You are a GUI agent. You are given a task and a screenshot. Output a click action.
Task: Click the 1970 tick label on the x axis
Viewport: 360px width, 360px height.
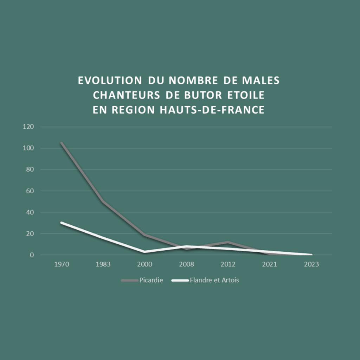point(62,264)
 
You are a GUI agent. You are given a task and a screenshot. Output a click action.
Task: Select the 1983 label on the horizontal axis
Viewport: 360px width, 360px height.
point(103,264)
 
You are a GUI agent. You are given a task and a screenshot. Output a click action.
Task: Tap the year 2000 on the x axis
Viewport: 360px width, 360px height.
point(144,264)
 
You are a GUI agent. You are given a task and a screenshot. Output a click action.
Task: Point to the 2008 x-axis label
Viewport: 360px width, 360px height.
point(186,264)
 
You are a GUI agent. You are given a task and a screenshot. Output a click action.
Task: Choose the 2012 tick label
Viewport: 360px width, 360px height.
point(228,264)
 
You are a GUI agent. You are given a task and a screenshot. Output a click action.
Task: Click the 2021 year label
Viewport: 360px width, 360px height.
point(270,264)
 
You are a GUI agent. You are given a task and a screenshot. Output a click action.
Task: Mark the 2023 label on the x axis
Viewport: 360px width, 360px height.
point(311,264)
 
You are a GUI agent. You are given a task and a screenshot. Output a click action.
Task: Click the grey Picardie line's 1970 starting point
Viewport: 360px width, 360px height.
point(62,143)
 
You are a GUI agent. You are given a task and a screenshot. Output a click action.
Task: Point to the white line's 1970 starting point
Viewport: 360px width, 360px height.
point(62,223)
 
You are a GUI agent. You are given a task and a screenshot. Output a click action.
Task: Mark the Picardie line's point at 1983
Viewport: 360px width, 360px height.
point(103,201)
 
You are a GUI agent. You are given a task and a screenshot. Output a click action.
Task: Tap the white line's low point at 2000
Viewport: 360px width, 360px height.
point(144,252)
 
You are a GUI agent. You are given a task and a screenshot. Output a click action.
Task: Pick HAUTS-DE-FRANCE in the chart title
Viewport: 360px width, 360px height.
point(212,110)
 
